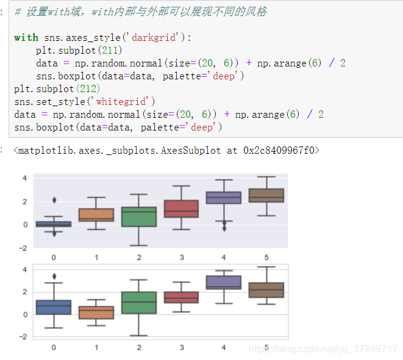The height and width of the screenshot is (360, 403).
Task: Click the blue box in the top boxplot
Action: pyautogui.click(x=53, y=224)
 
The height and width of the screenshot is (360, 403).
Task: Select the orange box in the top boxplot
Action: pyautogui.click(x=96, y=215)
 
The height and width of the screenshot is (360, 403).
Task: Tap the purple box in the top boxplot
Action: pyautogui.click(x=224, y=198)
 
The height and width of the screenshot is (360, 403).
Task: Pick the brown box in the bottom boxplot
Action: pyautogui.click(x=266, y=290)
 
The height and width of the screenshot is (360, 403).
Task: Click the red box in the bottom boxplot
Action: pyautogui.click(x=181, y=297)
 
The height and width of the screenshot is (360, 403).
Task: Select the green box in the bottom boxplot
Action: pyautogui.click(x=139, y=303)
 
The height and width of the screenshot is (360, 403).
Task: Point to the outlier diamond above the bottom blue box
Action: pyautogui.click(x=54, y=276)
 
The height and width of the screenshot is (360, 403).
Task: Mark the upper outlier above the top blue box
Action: pyautogui.click(x=54, y=200)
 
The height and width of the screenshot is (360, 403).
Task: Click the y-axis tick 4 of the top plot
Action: pyautogui.click(x=24, y=178)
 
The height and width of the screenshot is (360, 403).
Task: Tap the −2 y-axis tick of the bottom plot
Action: pyautogui.click(x=23, y=337)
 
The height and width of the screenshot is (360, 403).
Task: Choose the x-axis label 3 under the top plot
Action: pyautogui.click(x=182, y=257)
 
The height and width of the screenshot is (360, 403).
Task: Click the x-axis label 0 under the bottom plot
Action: pyautogui.click(x=54, y=347)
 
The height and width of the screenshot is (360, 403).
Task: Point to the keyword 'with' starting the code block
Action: pyautogui.click(x=26, y=38)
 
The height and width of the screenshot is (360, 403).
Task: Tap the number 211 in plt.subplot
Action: pyautogui.click(x=111, y=50)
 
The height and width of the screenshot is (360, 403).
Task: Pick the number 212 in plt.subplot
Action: pyautogui.click(x=89, y=88)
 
